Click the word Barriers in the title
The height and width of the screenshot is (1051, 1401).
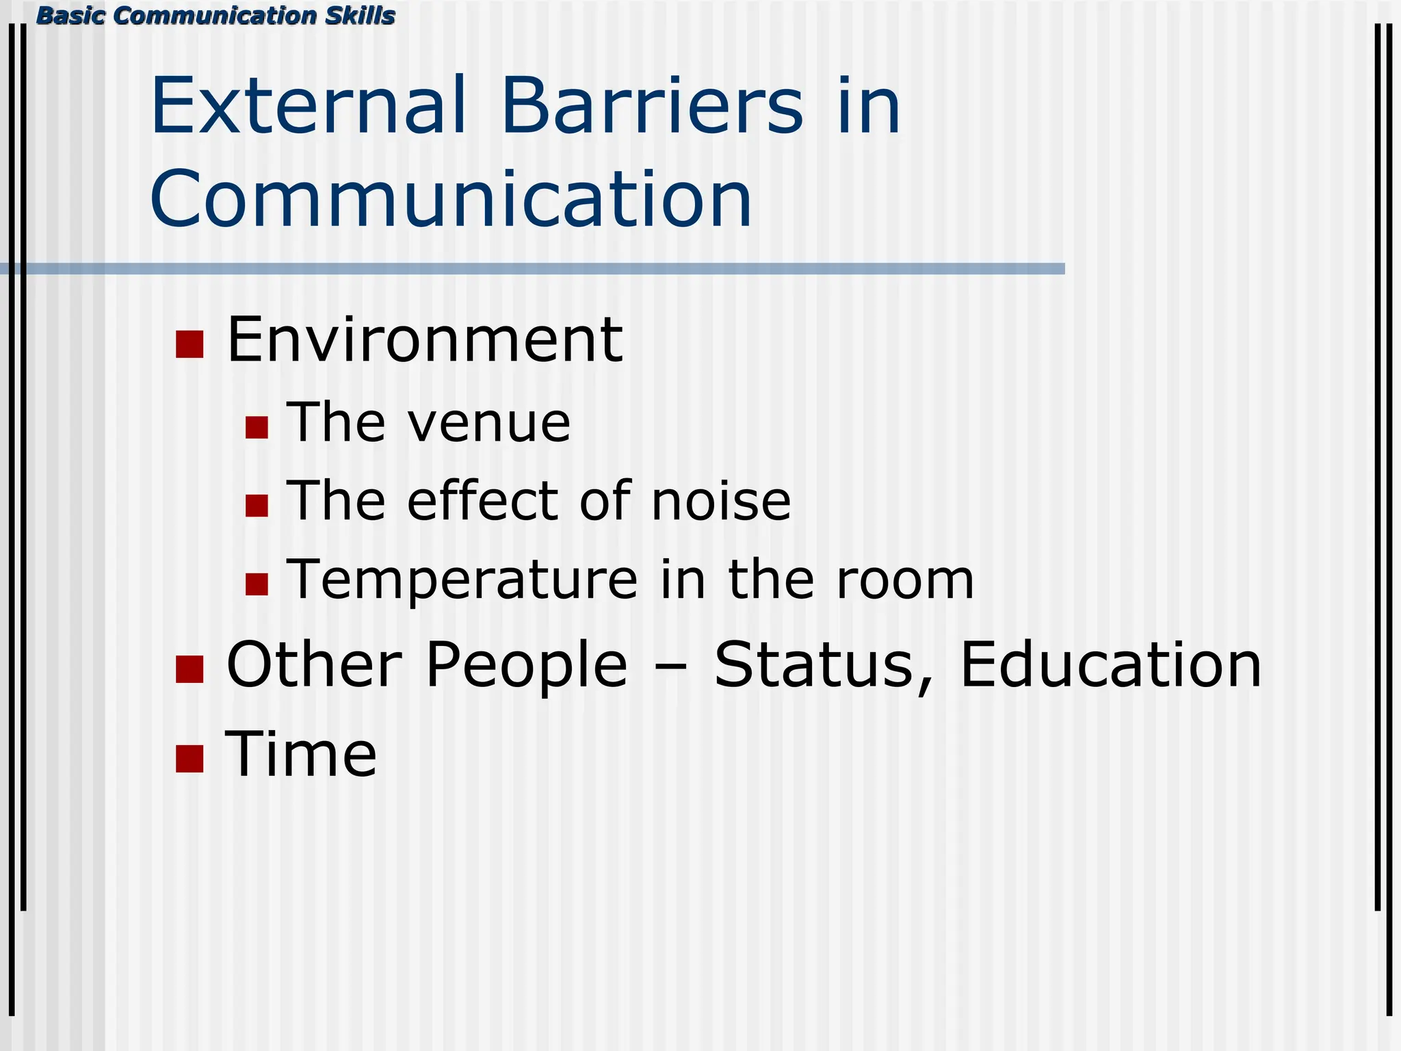tap(652, 107)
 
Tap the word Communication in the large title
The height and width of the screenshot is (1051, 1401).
tap(451, 200)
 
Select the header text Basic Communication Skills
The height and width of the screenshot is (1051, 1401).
tap(215, 16)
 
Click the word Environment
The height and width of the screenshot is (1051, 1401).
tap(424, 340)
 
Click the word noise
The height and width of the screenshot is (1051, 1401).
tap(721, 501)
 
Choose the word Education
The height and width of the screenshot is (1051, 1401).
tap(1111, 665)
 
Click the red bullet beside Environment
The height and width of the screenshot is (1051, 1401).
tap(189, 344)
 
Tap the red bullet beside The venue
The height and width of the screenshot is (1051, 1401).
tap(257, 428)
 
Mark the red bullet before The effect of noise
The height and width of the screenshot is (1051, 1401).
tap(257, 506)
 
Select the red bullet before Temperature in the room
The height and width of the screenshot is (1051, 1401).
tap(257, 584)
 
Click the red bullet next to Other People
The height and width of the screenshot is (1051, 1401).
tap(189, 669)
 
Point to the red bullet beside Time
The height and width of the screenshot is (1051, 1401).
tap(189, 758)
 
